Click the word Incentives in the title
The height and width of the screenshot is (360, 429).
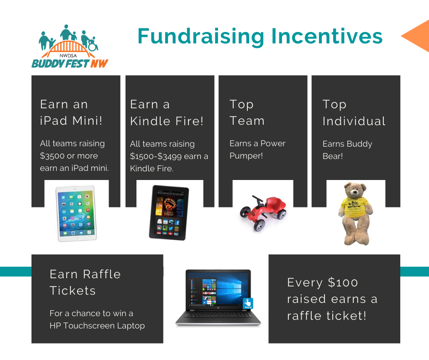click(x=327, y=36)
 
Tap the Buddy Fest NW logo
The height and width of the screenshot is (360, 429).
click(x=70, y=46)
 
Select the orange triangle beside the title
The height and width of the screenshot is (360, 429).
click(x=415, y=36)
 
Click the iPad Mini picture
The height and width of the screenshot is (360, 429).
click(x=76, y=213)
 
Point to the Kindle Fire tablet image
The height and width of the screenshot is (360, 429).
click(x=169, y=212)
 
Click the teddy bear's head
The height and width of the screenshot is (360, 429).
click(x=355, y=190)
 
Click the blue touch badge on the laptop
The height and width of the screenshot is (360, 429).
click(x=248, y=303)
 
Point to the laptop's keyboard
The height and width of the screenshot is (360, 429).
click(x=218, y=315)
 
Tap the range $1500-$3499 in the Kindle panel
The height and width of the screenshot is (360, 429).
click(x=156, y=156)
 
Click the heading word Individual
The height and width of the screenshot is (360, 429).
click(x=354, y=121)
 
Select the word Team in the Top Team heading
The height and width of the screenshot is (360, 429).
click(x=247, y=121)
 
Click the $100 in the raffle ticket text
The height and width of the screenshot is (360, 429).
click(x=343, y=282)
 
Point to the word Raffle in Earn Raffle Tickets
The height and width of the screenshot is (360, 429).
click(x=101, y=274)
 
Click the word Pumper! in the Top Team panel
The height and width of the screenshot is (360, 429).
click(x=246, y=156)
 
